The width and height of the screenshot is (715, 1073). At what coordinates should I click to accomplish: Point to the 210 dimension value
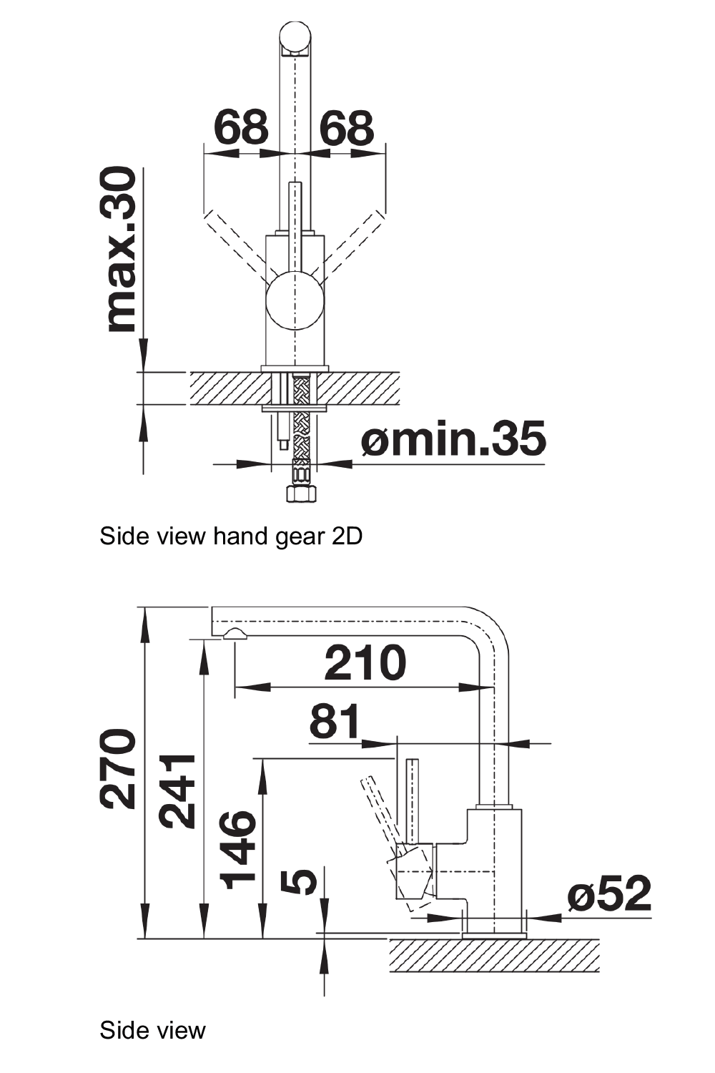pyautogui.click(x=365, y=663)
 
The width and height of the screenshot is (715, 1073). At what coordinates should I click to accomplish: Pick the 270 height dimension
pyautogui.click(x=119, y=769)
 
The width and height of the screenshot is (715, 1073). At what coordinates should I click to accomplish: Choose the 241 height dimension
pyautogui.click(x=177, y=790)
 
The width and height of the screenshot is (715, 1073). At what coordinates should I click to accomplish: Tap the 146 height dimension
pyautogui.click(x=238, y=850)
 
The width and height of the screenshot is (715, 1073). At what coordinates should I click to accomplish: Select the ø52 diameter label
pyautogui.click(x=609, y=893)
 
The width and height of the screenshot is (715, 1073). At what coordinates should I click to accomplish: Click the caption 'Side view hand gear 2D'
pyautogui.click(x=231, y=536)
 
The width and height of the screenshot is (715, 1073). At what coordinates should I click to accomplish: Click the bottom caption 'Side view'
pyautogui.click(x=152, y=1030)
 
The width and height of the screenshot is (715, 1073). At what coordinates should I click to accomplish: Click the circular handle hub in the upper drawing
pyautogui.click(x=295, y=300)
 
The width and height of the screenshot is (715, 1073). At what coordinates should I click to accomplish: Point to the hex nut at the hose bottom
pyautogui.click(x=300, y=493)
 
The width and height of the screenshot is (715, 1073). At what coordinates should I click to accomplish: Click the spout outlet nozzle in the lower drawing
pyautogui.click(x=235, y=635)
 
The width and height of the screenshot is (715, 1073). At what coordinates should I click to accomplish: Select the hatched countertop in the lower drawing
pyautogui.click(x=493, y=956)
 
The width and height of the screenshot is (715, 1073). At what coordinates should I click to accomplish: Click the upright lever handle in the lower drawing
pyautogui.click(x=413, y=801)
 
